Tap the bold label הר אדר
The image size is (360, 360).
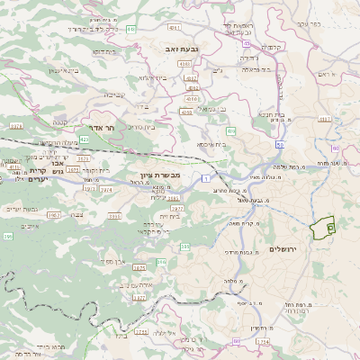pyautogui.click(x=102, y=129)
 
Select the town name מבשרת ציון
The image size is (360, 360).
pyautogui.click(x=161, y=175)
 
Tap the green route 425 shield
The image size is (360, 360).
pyautogui.click(x=84, y=140)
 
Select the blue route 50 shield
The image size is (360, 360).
pyautogui.click(x=281, y=144)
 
